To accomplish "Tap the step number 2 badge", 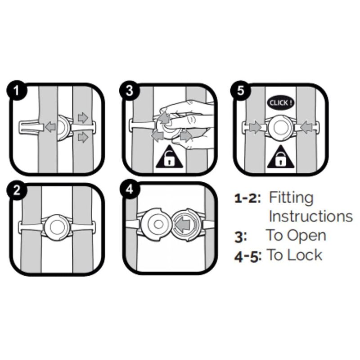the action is pyautogui.click(x=16, y=190).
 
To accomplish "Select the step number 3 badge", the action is pyautogui.click(x=130, y=90).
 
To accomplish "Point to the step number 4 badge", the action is pyautogui.click(x=130, y=190).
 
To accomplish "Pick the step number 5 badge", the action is pyautogui.click(x=240, y=90).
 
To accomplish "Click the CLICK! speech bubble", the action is pyautogui.click(x=281, y=103).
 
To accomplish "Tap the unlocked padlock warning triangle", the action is pyautogui.click(x=169, y=157).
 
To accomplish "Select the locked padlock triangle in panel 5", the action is pyautogui.click(x=280, y=157).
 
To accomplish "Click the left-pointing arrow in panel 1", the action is pyautogui.click(x=50, y=126).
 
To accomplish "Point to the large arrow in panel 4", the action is pyautogui.click(x=182, y=224).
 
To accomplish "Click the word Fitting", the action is pyautogui.click(x=291, y=198).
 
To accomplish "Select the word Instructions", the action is pyautogui.click(x=310, y=216).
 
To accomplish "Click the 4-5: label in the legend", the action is pyautogui.click(x=248, y=256).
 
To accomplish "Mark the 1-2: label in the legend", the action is pyautogui.click(x=247, y=198).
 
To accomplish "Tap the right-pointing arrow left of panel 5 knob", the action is pyautogui.click(x=255, y=127).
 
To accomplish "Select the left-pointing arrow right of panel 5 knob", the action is pyautogui.click(x=306, y=127).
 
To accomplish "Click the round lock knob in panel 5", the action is pyautogui.click(x=280, y=128).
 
